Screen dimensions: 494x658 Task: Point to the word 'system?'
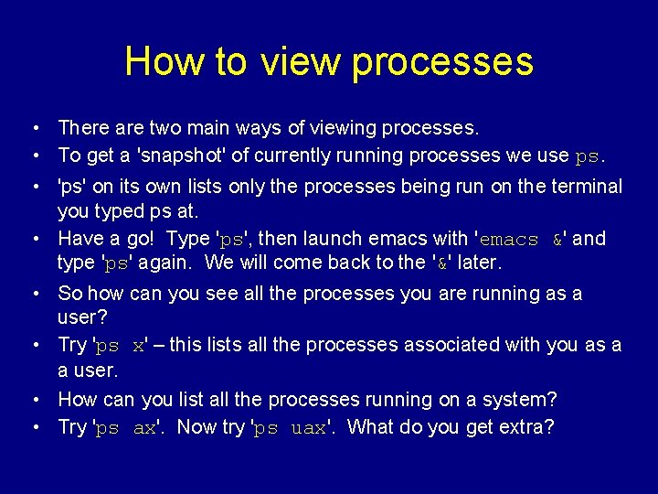point(525,400)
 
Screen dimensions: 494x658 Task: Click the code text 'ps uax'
point(291,428)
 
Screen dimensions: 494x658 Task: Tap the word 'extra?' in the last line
point(525,427)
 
